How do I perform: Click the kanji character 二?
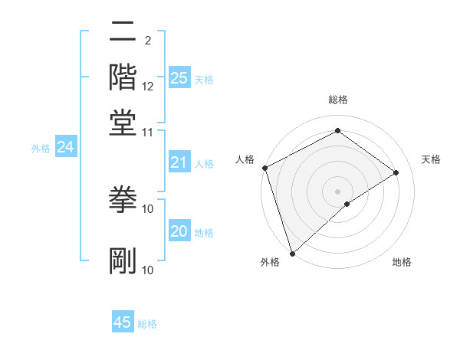(x=123, y=33)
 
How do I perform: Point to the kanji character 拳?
(x=123, y=199)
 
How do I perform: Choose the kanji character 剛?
(x=123, y=260)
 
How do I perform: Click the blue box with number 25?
(x=179, y=78)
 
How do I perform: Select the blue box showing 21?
(x=179, y=162)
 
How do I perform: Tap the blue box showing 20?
(x=179, y=232)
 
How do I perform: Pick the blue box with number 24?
(x=65, y=148)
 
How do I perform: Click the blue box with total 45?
(x=123, y=322)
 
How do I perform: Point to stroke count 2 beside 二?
(x=147, y=39)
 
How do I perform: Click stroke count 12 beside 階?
(x=148, y=87)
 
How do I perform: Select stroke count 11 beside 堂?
(x=148, y=132)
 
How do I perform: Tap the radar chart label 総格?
(x=337, y=100)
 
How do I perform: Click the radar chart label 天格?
(x=431, y=159)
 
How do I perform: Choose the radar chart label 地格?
(x=402, y=263)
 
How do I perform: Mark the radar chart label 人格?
(x=245, y=159)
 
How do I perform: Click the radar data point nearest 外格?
(x=292, y=253)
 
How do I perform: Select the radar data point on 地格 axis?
(x=347, y=204)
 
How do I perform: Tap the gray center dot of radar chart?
(x=337, y=191)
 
